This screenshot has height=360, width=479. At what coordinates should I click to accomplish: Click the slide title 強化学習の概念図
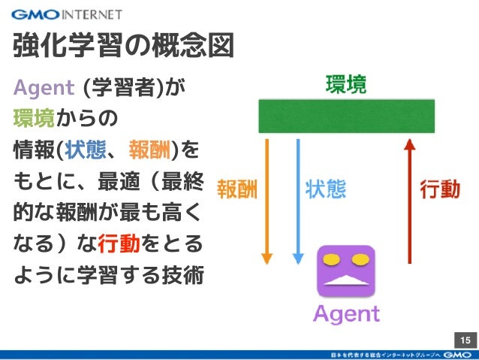point(124,46)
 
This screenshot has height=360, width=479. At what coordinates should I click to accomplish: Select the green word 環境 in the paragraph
point(33,119)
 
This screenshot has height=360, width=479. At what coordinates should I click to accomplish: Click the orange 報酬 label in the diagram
point(237,189)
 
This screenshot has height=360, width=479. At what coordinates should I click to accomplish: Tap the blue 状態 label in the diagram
point(326,189)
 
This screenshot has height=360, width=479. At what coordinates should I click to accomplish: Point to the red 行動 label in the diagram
point(440,189)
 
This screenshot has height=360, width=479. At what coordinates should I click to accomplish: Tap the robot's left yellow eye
point(330,260)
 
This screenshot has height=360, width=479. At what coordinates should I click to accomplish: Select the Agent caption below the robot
point(346,313)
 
